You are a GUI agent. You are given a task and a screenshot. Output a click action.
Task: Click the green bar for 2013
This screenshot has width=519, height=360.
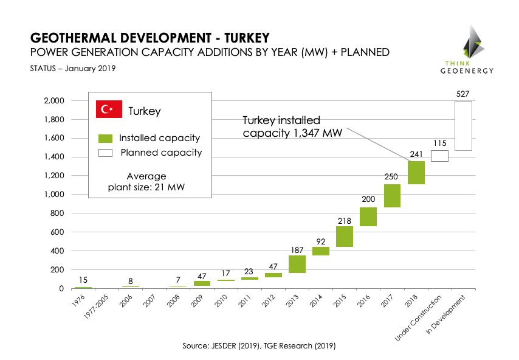click(297, 264)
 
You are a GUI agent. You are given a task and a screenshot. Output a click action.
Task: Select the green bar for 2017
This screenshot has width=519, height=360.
click(393, 195)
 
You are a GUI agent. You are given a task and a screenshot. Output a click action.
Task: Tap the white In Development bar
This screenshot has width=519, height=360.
click(464, 125)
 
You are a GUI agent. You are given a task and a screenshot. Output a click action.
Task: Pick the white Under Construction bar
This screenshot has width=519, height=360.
click(440, 156)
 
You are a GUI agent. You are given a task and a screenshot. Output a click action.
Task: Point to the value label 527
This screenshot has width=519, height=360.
click(464, 94)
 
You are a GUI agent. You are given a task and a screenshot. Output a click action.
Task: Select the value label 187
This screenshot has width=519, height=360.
click(297, 249)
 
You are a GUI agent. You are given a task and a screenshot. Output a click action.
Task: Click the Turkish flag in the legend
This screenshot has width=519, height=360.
click(109, 110)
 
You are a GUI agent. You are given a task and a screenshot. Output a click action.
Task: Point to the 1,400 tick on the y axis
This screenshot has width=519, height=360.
click(54, 157)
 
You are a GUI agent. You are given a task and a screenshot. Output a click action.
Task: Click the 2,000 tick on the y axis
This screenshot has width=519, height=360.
click(54, 100)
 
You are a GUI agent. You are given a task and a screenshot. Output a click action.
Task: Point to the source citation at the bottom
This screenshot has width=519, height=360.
click(259, 345)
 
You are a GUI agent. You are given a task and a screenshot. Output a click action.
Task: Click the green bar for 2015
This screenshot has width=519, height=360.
click(345, 237)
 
